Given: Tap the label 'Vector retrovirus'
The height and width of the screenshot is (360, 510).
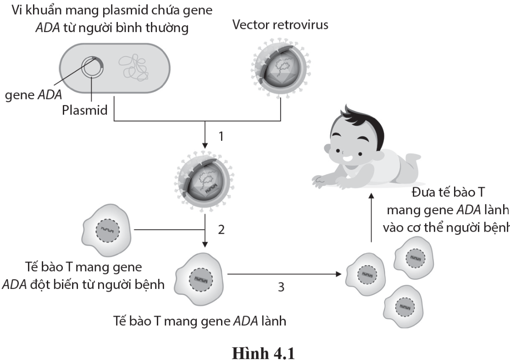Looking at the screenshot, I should pyautogui.click(x=280, y=25).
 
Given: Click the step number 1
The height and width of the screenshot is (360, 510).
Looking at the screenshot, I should pyautogui.click(x=221, y=137).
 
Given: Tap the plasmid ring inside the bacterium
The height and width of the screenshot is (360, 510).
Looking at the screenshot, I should pyautogui.click(x=92, y=69).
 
